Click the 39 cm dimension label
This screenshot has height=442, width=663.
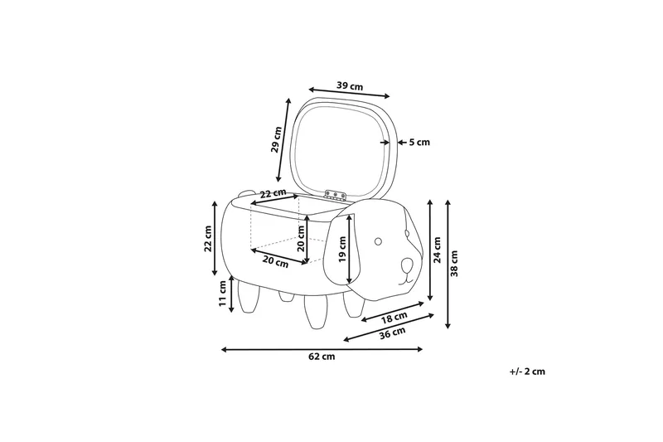(x=350, y=86)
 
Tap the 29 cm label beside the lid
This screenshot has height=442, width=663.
(x=277, y=139)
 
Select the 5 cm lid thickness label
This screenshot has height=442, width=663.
(x=419, y=142)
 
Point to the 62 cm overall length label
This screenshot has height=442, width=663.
(x=322, y=357)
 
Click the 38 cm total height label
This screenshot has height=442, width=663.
(x=454, y=264)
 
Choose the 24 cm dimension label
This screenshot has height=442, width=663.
(x=438, y=250)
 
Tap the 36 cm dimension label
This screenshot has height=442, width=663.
(x=392, y=333)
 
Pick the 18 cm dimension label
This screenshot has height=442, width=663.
(x=394, y=318)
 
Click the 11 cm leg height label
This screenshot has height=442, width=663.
(x=222, y=294)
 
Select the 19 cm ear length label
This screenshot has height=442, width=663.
(x=341, y=249)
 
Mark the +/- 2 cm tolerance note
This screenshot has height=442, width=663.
(x=527, y=372)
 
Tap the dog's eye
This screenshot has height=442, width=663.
(x=379, y=241)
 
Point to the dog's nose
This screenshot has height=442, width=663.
(x=405, y=265)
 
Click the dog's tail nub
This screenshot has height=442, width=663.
(x=244, y=195)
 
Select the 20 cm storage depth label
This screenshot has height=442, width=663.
(x=301, y=238)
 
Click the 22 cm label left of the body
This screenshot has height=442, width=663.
(x=208, y=239)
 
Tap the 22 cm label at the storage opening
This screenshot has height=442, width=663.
(x=273, y=194)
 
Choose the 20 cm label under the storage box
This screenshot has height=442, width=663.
(x=275, y=261)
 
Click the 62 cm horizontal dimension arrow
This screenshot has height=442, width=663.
(x=322, y=349)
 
